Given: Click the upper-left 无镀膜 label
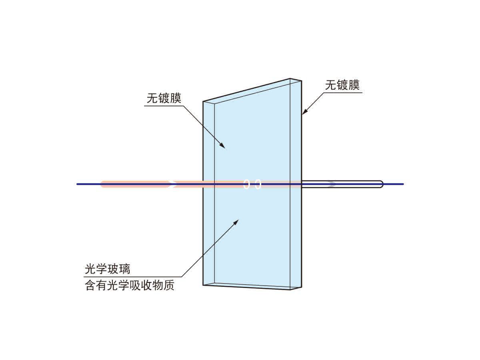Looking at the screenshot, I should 164,98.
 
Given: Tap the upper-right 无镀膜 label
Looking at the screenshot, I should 342,85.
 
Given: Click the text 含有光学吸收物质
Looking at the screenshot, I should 130,286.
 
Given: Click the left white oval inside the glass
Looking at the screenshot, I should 247,184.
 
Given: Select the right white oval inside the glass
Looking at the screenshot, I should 258,184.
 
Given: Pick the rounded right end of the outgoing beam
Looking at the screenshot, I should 381,184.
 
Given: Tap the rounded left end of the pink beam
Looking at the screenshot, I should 102,184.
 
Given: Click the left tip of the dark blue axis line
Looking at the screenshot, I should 77,184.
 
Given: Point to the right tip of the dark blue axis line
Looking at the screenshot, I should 403,184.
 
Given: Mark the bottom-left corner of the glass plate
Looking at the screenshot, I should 203,285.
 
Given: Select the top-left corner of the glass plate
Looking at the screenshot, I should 203,101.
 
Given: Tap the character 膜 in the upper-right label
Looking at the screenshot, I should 354,85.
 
